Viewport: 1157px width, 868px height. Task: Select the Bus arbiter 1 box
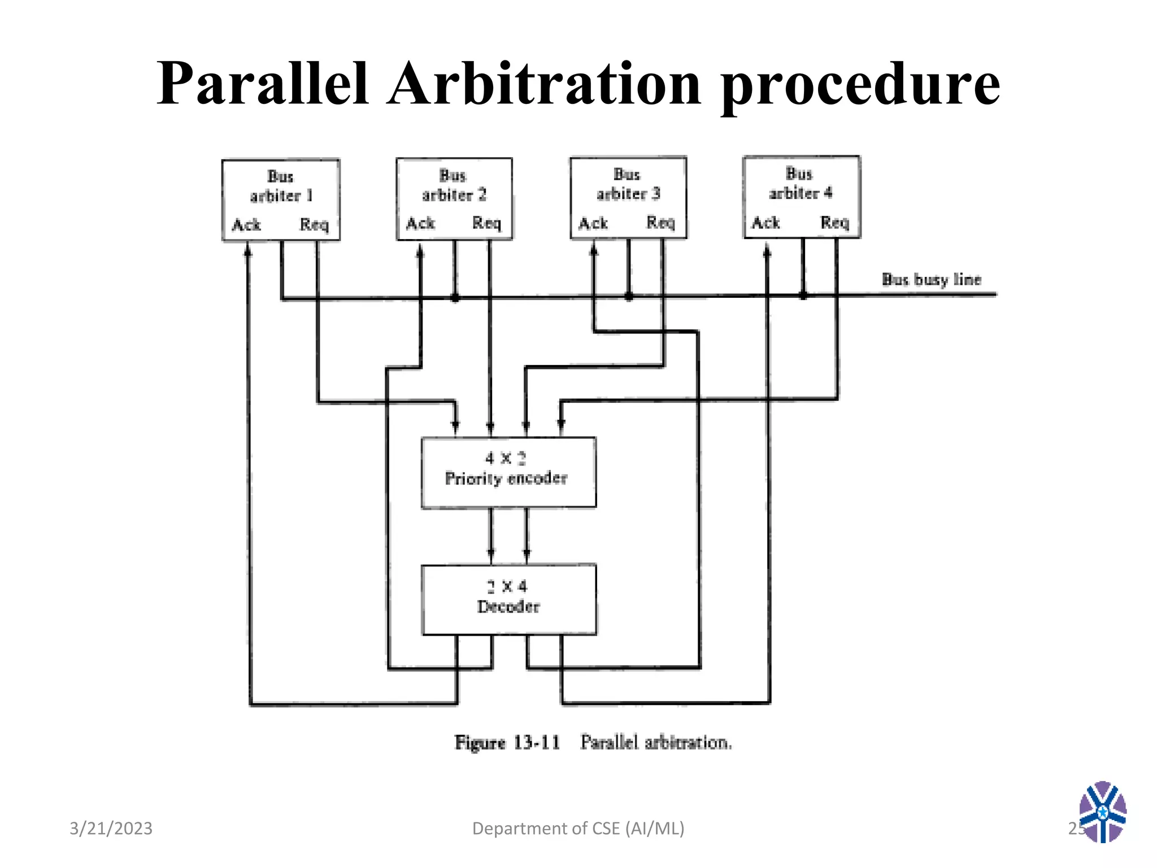tap(281, 199)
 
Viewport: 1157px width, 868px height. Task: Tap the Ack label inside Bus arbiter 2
tap(420, 224)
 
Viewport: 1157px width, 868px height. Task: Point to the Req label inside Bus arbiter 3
tap(660, 223)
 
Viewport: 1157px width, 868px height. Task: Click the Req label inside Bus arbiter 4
tap(834, 222)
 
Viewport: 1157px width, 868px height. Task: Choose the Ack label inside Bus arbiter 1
tap(246, 225)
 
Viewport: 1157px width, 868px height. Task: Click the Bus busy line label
tap(931, 279)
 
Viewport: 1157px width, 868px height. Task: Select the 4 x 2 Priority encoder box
tap(508, 472)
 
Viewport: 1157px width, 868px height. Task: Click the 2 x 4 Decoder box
tap(508, 599)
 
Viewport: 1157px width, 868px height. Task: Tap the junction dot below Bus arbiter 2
tap(455, 298)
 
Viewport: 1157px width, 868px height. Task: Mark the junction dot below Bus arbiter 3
tap(629, 296)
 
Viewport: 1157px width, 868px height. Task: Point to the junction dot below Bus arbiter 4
tap(803, 294)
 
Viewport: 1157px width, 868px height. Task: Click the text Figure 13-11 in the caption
tap(507, 742)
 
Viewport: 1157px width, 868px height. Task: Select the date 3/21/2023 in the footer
tap(111, 828)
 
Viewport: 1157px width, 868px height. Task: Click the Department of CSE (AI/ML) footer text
tap(578, 828)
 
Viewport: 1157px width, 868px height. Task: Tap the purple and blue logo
tap(1102, 811)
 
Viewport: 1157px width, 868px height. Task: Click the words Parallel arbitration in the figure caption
tap(655, 742)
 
